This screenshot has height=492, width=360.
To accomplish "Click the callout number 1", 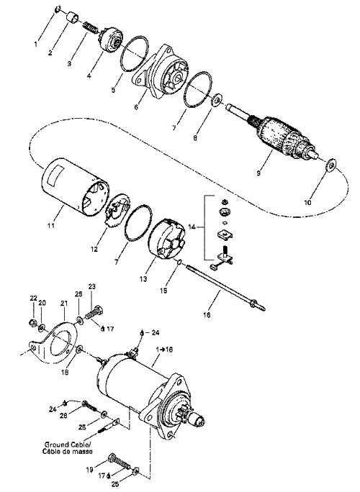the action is point(36,45).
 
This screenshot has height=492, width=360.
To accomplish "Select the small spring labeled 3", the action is point(91,28).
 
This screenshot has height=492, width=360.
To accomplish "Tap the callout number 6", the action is point(136,107).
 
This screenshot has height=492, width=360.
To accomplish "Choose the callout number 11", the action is point(51,225).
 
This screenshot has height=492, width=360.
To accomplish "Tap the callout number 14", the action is point(192,227).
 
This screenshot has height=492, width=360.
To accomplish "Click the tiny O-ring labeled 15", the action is point(180,261).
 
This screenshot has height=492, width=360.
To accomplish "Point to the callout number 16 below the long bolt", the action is point(207,314).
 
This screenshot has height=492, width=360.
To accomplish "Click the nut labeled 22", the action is point(32,322).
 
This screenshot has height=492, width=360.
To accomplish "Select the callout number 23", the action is point(92,286).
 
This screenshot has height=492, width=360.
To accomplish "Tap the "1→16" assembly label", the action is point(164,350).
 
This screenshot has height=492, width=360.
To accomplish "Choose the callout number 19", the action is point(89,470).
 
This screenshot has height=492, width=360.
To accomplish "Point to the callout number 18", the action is point(65,372).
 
